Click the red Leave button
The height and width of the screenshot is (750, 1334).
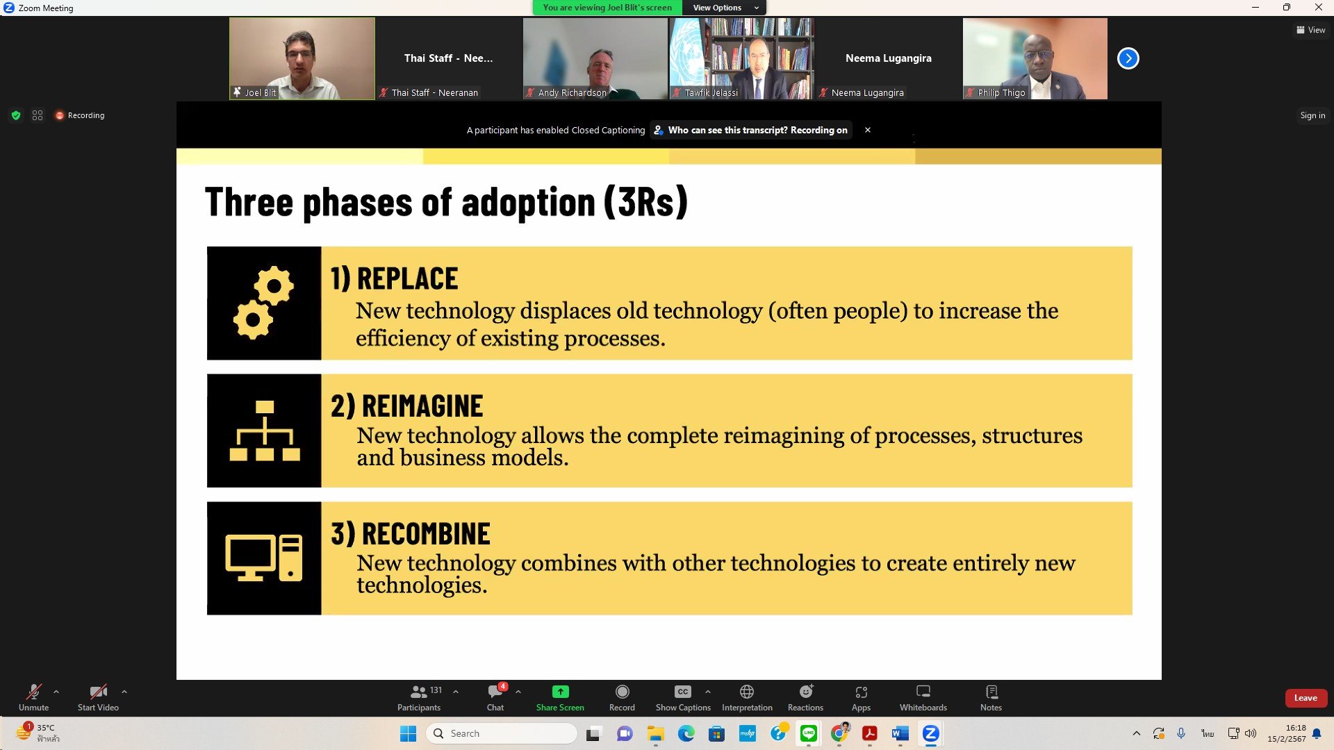click(x=1306, y=698)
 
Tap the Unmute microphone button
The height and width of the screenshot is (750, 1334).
click(x=33, y=697)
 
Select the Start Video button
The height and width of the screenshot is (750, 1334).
click(x=98, y=697)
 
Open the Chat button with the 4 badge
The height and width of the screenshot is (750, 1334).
click(x=496, y=697)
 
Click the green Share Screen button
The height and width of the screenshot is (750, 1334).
click(x=560, y=697)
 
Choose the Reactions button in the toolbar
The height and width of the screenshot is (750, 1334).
click(x=805, y=697)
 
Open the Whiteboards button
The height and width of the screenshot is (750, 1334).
click(x=923, y=697)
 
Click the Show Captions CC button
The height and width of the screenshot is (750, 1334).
click(x=683, y=697)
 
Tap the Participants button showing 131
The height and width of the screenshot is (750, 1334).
click(x=420, y=697)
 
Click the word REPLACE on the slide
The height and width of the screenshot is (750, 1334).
click(x=407, y=279)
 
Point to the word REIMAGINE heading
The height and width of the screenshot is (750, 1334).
click(x=422, y=406)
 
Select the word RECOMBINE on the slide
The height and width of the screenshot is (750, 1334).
click(x=426, y=534)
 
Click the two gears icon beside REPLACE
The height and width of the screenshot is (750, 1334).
click(x=263, y=303)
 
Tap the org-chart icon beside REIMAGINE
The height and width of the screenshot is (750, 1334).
click(x=264, y=431)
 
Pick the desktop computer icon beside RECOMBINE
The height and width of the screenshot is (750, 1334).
click(x=264, y=558)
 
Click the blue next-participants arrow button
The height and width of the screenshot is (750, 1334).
click(x=1128, y=58)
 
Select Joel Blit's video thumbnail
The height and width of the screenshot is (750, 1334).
click(x=302, y=58)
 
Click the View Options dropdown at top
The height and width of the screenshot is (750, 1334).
click(x=725, y=8)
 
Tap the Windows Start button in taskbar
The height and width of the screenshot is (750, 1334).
click(x=409, y=733)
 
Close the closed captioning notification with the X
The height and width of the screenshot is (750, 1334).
click(x=868, y=130)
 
